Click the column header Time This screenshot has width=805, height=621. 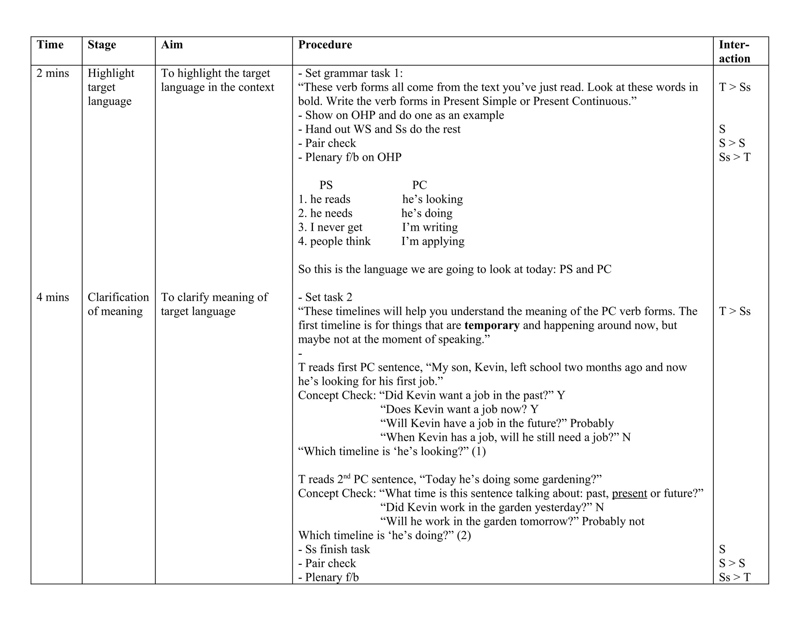point(50,45)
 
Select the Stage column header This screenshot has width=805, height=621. point(102,45)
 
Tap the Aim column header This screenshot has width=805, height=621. point(172,45)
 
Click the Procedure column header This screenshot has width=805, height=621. point(325,45)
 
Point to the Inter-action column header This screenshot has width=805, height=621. point(734,51)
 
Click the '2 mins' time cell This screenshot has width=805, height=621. point(53,73)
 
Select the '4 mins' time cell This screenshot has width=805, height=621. point(53,297)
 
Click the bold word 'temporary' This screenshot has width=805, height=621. point(492,325)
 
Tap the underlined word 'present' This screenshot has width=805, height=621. point(629,493)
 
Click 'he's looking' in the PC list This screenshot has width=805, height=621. point(432,199)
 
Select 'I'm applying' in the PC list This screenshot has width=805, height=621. point(433,241)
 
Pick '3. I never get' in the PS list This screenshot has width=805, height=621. point(330,227)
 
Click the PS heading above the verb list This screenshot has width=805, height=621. point(326,185)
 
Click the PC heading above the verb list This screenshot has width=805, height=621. point(419,185)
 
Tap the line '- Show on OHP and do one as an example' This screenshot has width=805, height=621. point(401,115)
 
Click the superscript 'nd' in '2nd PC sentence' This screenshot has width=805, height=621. point(346,477)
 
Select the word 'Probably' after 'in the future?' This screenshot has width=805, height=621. point(592,424)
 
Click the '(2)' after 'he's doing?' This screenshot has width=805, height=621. point(464,535)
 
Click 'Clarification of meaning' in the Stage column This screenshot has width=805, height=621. point(118,304)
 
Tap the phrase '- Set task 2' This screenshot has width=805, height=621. point(325,297)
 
